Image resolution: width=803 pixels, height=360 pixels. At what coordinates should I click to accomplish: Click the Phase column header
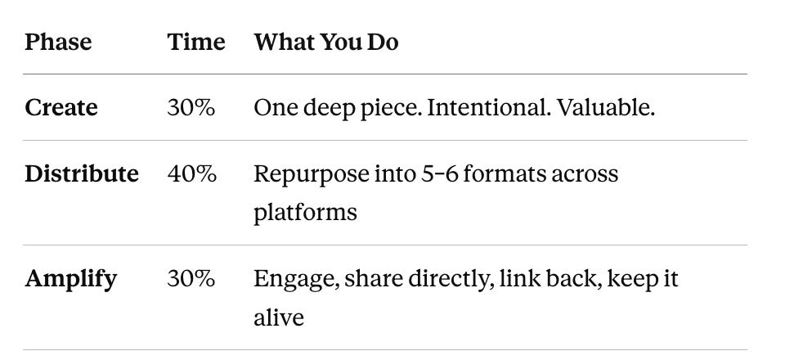(58, 42)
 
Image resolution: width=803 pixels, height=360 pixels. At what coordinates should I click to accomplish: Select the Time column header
(196, 42)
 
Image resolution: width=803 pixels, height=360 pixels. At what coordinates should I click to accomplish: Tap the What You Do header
(326, 42)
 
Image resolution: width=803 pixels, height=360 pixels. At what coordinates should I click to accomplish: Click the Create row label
(61, 107)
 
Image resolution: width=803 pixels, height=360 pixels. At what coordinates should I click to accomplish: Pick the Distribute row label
(82, 173)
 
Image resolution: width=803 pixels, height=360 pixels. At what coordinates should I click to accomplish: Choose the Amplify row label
(70, 280)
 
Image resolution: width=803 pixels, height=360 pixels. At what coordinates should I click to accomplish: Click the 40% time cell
(191, 173)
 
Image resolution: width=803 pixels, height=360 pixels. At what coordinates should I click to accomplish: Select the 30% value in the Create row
(191, 107)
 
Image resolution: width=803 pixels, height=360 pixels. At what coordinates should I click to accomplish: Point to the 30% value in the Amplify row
(191, 278)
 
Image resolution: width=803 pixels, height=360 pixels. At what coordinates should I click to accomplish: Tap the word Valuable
(605, 107)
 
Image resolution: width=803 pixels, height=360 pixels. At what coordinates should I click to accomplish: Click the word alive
(279, 317)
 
